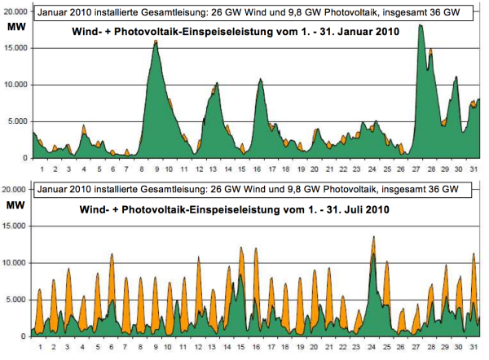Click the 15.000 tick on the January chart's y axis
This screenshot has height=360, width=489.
point(16,48)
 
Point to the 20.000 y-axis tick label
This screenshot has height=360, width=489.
point(16,189)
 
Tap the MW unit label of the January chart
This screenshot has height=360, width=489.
point(15,26)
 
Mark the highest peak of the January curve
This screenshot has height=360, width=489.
point(420,25)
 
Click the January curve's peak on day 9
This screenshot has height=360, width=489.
point(156,41)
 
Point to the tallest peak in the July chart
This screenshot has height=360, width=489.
point(373,237)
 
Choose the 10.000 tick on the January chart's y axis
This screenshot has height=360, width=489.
point(16,85)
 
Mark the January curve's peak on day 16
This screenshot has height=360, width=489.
point(260,79)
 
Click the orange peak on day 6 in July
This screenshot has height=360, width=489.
point(112,254)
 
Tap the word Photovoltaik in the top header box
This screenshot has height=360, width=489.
point(321,12)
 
